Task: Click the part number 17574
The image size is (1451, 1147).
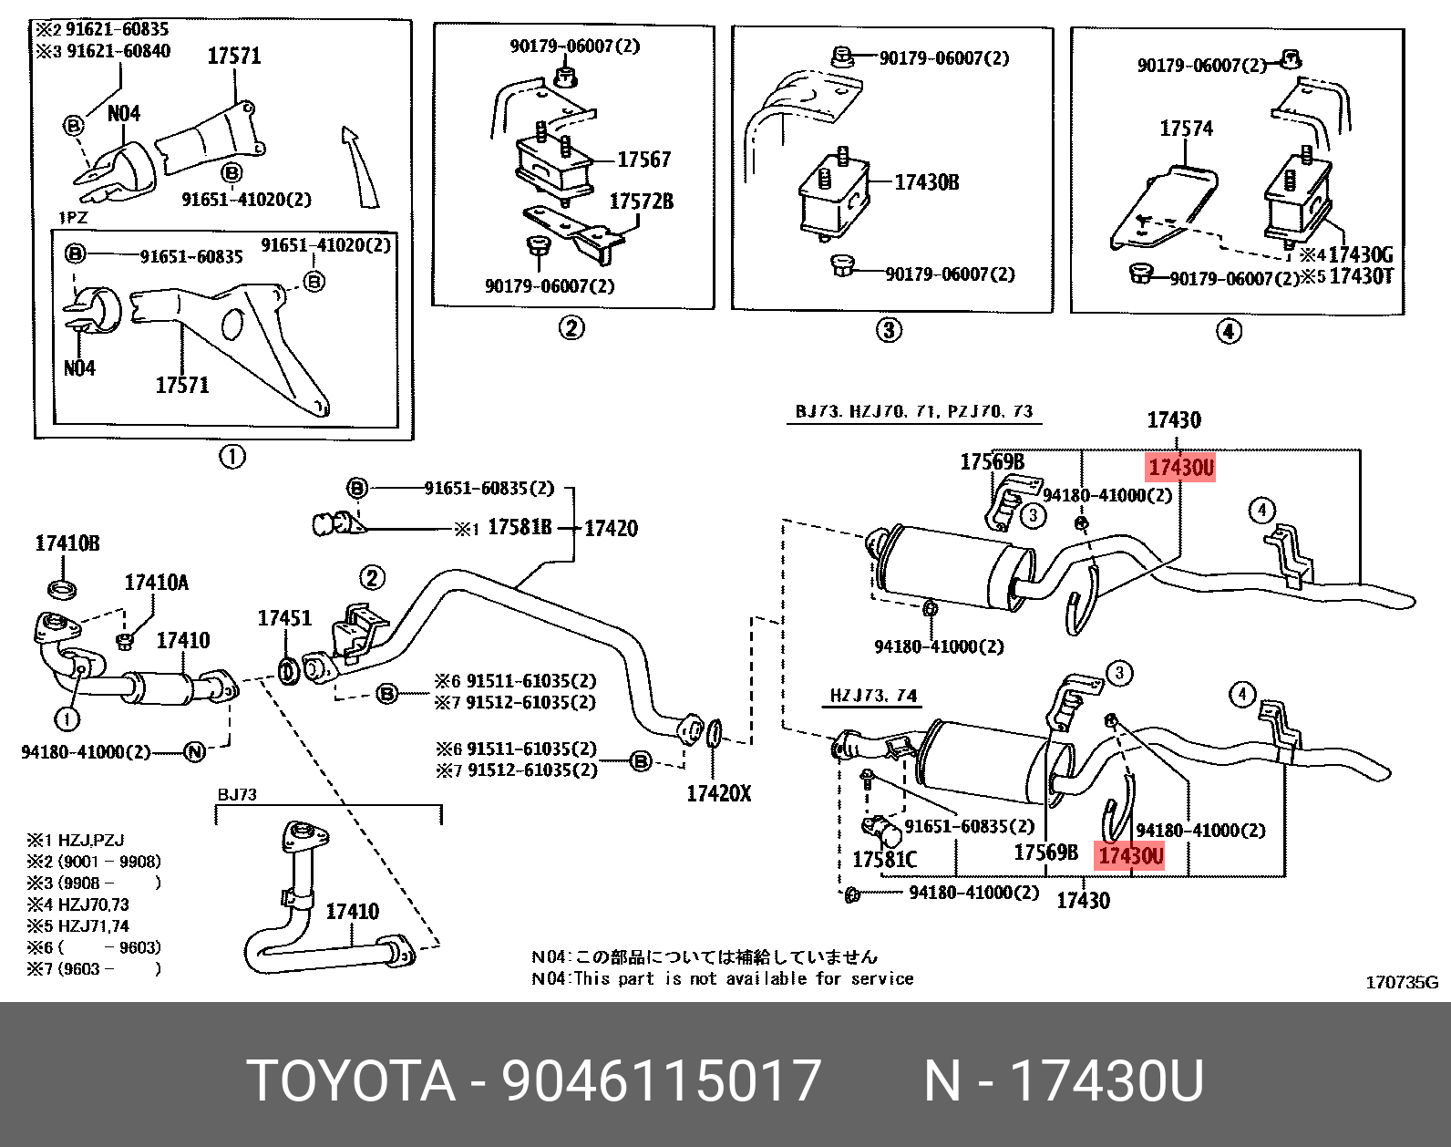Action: click(1186, 129)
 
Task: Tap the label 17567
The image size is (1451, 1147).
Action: click(643, 160)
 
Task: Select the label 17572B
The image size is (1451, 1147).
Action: click(641, 201)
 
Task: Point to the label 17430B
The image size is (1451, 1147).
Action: click(926, 182)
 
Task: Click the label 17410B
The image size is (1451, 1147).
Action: click(67, 544)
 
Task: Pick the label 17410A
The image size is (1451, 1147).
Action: click(156, 583)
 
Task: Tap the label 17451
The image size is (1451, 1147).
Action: click(284, 618)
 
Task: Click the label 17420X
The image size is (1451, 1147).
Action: click(718, 793)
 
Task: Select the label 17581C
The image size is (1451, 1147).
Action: click(884, 860)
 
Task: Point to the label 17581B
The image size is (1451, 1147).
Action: click(520, 528)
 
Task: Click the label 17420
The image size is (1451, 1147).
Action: click(611, 528)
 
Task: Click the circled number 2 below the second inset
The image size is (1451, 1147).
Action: click(571, 328)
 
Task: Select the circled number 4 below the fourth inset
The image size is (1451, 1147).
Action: click(1229, 332)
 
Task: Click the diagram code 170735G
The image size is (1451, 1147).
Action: click(1401, 982)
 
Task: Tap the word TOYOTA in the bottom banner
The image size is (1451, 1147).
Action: click(352, 1081)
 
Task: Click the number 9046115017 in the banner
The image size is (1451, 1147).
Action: click(663, 1081)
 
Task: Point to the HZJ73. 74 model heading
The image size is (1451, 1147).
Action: click(872, 697)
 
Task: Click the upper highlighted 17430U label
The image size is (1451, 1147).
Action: click(1181, 468)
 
